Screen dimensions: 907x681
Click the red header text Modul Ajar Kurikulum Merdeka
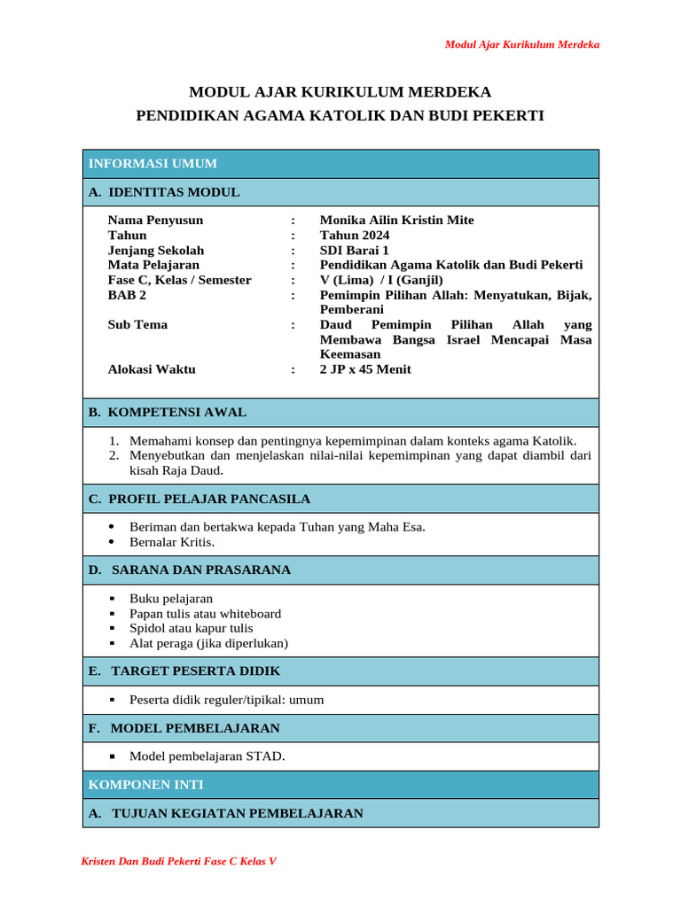click(x=521, y=44)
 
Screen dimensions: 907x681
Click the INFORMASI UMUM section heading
click(x=153, y=164)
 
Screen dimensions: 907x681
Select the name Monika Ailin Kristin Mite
click(x=396, y=220)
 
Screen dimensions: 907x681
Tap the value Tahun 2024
click(x=354, y=235)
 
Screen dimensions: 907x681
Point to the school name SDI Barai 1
click(x=354, y=250)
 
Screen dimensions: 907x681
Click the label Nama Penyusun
click(x=155, y=220)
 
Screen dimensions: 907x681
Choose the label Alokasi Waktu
click(x=152, y=369)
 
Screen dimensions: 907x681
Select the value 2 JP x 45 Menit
click(x=365, y=369)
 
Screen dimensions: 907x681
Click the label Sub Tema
click(x=137, y=324)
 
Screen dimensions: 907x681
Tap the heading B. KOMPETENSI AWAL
click(x=168, y=412)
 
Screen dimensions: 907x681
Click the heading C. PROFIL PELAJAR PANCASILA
click(x=200, y=499)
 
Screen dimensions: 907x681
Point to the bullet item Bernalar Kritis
click(x=172, y=541)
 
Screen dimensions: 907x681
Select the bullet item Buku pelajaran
click(x=171, y=599)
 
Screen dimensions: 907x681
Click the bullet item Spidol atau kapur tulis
click(x=191, y=628)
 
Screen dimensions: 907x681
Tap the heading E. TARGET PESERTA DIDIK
click(x=184, y=671)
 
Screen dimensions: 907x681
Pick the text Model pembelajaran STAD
click(x=207, y=756)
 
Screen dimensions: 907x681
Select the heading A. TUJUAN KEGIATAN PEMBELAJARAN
click(x=226, y=813)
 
